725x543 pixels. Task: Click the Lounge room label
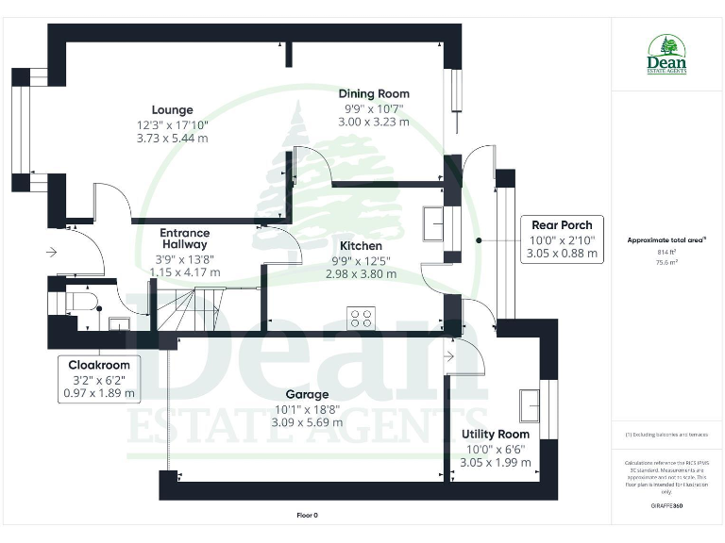coord(172,109)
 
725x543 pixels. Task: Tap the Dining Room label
coord(375,93)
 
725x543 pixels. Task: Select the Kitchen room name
coord(357,246)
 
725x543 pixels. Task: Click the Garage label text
coord(308,394)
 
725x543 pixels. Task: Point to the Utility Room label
coord(495,434)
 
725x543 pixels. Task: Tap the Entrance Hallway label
coord(184,239)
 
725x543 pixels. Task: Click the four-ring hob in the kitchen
coord(361,318)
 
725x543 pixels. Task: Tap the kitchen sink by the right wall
coord(435,224)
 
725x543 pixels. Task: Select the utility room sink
coord(531,404)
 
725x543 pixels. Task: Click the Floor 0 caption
coord(308,516)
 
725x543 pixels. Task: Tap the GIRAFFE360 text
coord(666,506)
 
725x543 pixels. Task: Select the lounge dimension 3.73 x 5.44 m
coord(172,138)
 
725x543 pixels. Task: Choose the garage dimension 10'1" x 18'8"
coord(308,408)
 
